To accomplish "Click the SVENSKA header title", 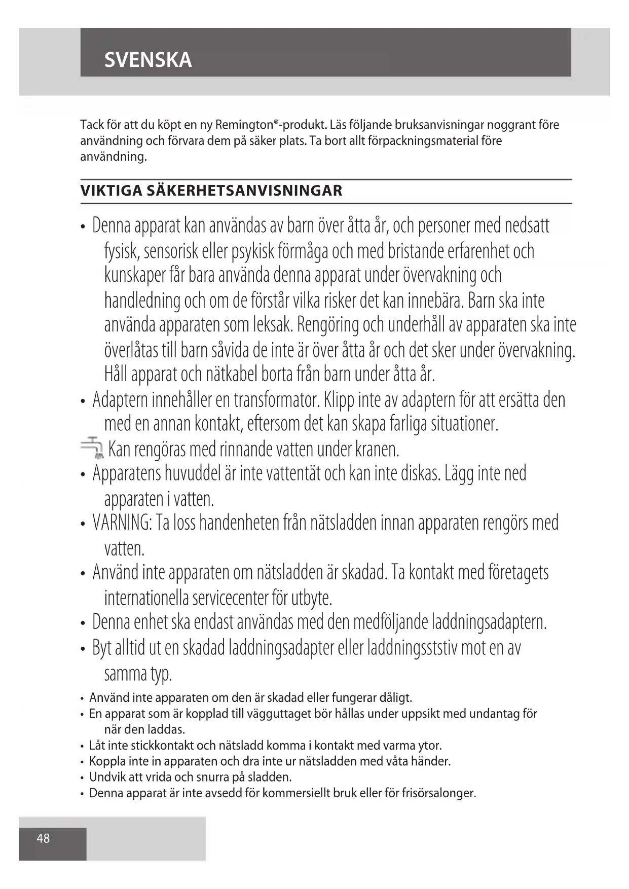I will point(148,60).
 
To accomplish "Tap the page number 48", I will point(44,838).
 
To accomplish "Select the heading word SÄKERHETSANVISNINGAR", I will point(244,191).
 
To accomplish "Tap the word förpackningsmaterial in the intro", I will point(412,141).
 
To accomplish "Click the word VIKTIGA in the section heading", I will point(110,191).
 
